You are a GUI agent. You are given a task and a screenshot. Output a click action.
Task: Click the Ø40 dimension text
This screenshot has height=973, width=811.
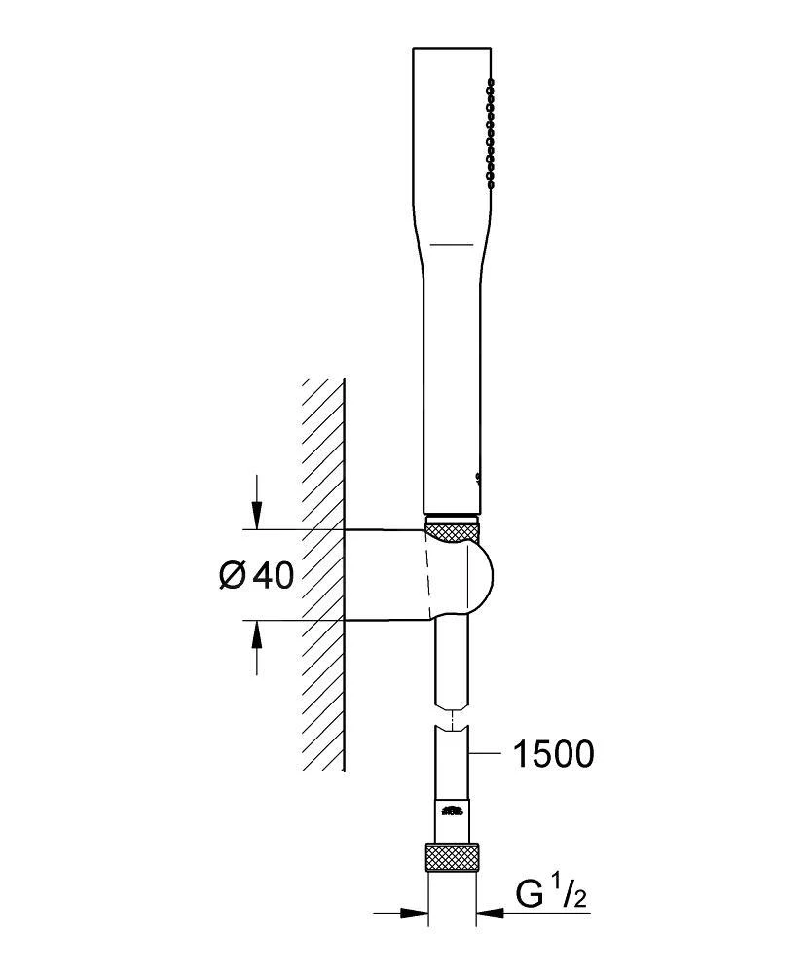(256, 576)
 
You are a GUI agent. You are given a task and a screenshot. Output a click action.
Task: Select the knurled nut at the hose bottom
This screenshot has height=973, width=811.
(453, 858)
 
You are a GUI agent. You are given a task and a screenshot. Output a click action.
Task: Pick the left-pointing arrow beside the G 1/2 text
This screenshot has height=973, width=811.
(492, 913)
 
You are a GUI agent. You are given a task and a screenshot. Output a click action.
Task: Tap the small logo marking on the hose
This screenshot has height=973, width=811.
(451, 811)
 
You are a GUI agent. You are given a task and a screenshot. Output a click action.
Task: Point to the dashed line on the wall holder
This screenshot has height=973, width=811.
(425, 576)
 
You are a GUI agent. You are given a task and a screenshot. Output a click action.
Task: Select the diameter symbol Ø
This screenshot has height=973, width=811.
(231, 576)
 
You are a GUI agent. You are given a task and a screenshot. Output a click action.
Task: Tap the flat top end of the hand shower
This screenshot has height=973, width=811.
(452, 47)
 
